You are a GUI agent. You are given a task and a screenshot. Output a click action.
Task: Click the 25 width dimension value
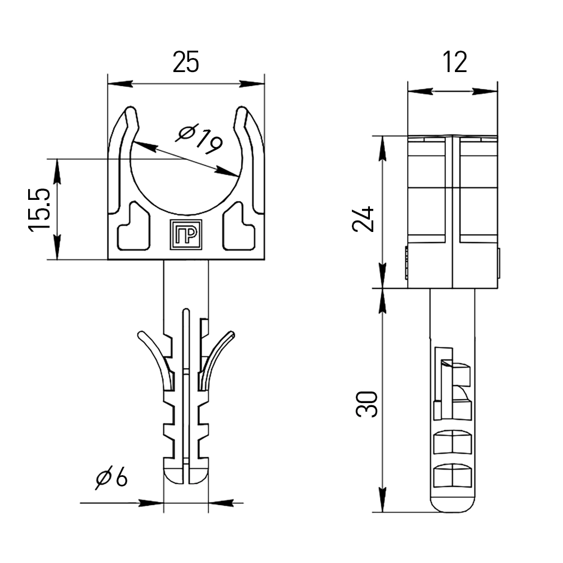[186, 62]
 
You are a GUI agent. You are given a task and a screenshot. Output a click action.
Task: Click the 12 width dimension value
[454, 62]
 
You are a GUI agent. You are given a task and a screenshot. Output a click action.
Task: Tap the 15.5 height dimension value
[39, 209]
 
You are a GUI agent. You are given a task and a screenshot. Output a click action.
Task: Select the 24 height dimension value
[363, 219]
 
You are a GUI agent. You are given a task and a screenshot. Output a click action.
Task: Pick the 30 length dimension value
[367, 404]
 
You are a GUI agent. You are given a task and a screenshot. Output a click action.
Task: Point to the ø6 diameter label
[111, 477]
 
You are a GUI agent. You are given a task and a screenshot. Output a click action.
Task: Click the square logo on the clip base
[186, 234]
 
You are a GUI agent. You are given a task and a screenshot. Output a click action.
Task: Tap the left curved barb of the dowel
[157, 359]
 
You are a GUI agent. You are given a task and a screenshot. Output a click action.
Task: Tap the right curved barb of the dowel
[216, 359]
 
